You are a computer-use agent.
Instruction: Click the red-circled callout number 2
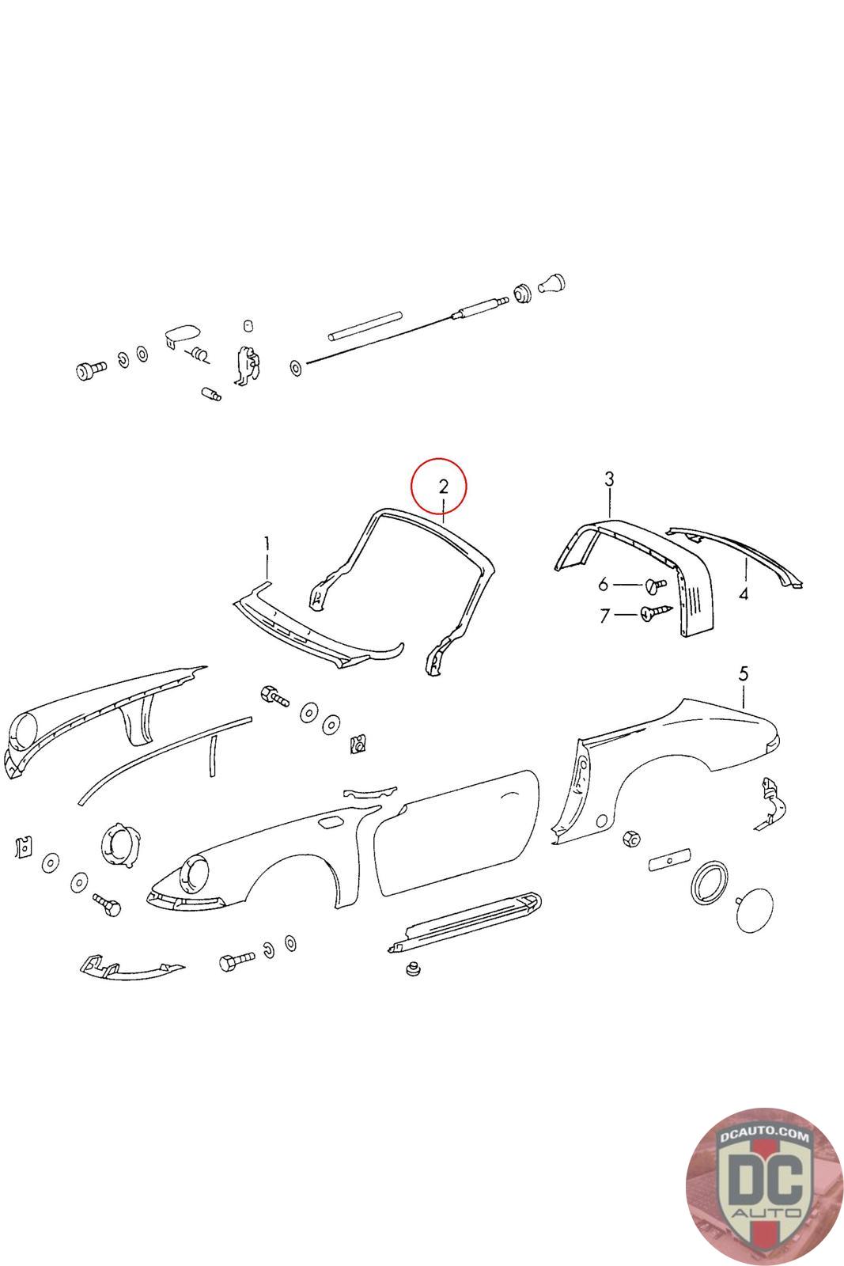443,486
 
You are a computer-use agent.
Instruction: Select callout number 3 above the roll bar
609,479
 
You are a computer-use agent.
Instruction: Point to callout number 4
744,594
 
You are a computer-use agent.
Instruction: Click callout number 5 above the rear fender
744,673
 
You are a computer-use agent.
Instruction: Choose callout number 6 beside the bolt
604,585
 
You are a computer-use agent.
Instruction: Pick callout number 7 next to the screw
604,616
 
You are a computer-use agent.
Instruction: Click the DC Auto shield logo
765,1186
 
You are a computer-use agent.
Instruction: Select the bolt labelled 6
655,585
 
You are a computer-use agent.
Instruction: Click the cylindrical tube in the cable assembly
365,326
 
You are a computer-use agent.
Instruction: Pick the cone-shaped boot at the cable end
552,283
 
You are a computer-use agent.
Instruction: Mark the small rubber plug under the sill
413,968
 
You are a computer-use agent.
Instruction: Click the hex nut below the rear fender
630,840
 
